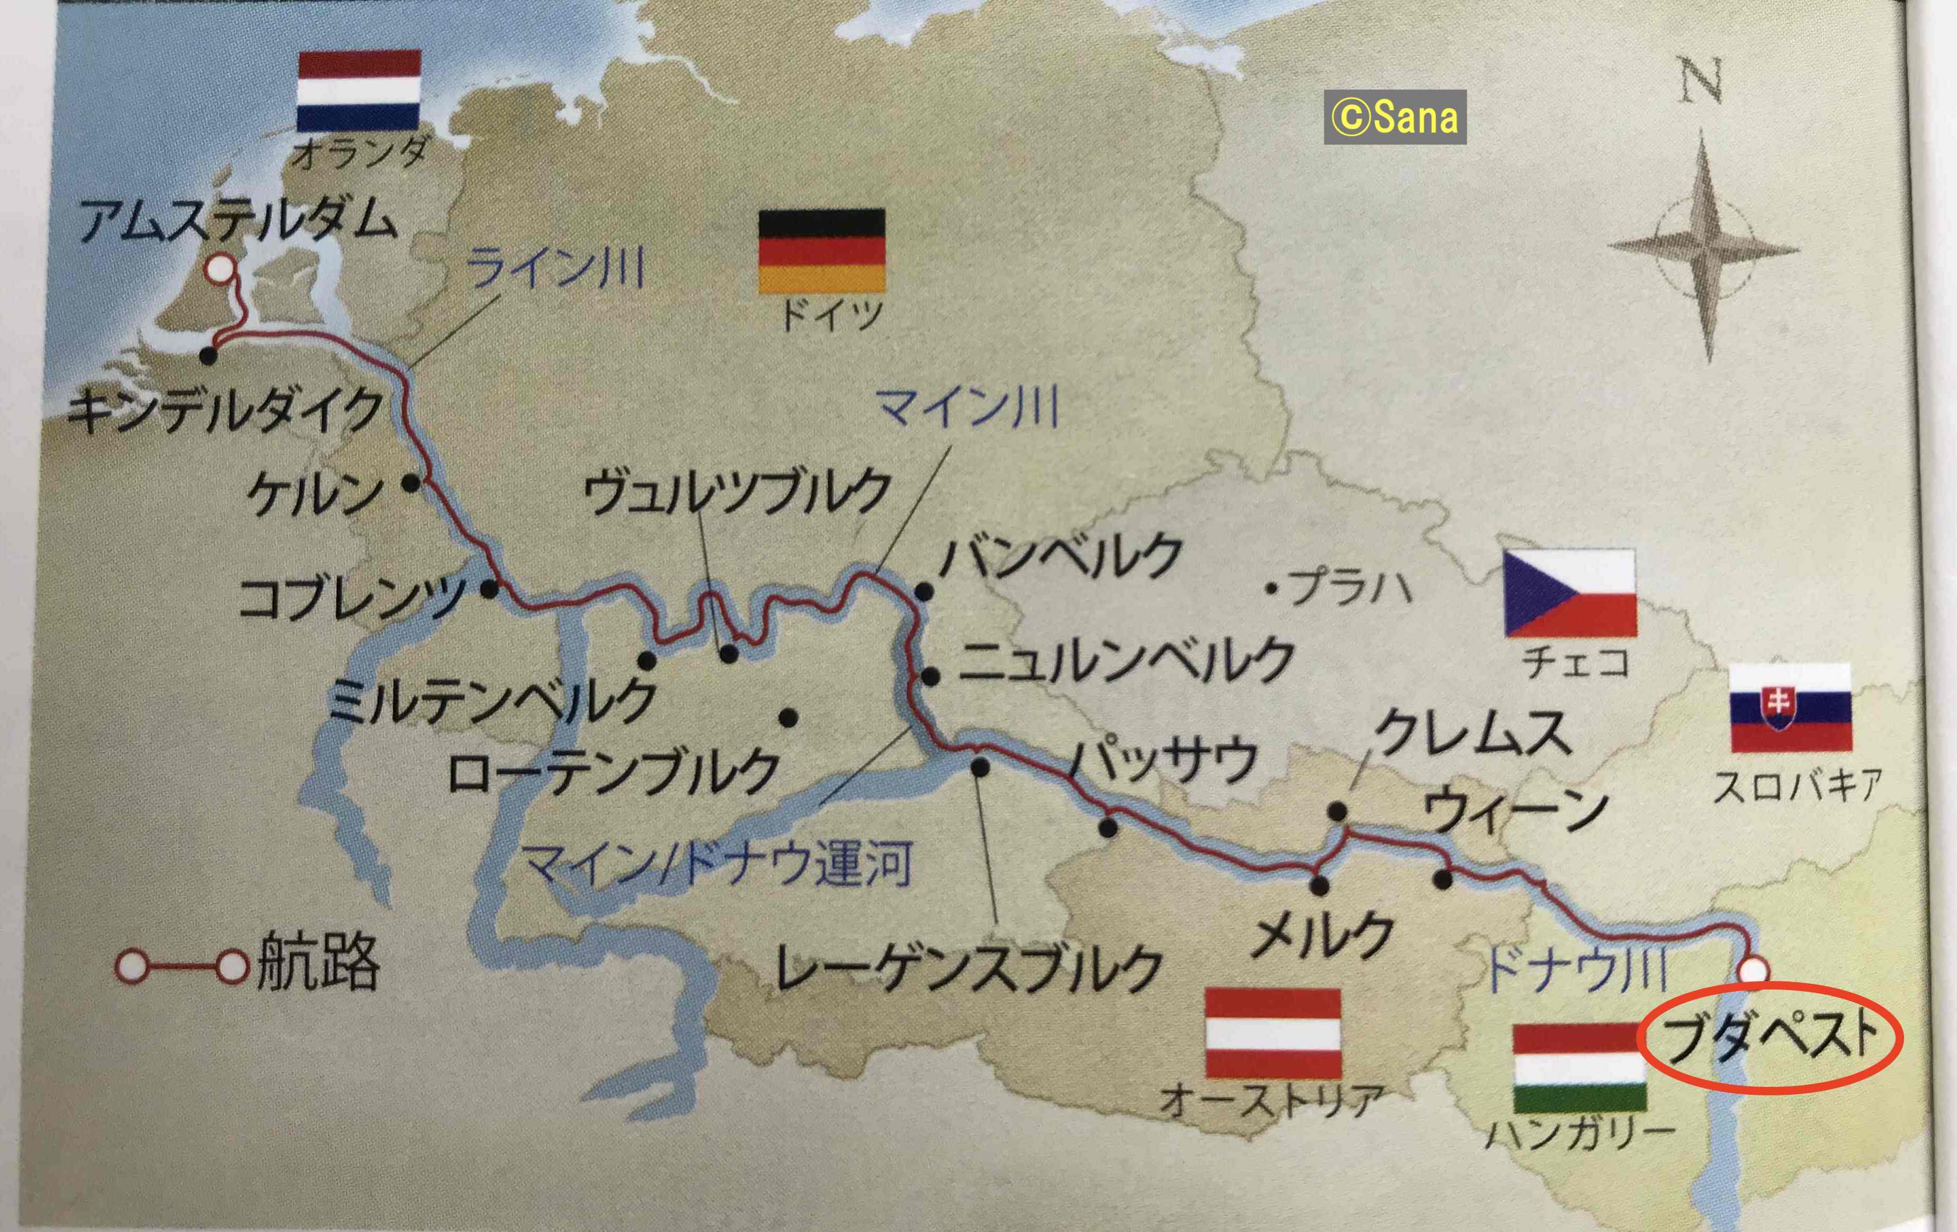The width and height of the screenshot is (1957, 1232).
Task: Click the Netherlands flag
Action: (358, 91)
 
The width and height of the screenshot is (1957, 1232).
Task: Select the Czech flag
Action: (1568, 593)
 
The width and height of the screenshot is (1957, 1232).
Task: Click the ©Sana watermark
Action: (1395, 118)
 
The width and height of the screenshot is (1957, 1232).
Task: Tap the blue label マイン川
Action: (969, 409)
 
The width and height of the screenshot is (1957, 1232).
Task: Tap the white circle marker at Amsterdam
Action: (218, 268)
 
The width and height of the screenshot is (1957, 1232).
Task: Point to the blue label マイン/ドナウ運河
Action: (717, 864)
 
